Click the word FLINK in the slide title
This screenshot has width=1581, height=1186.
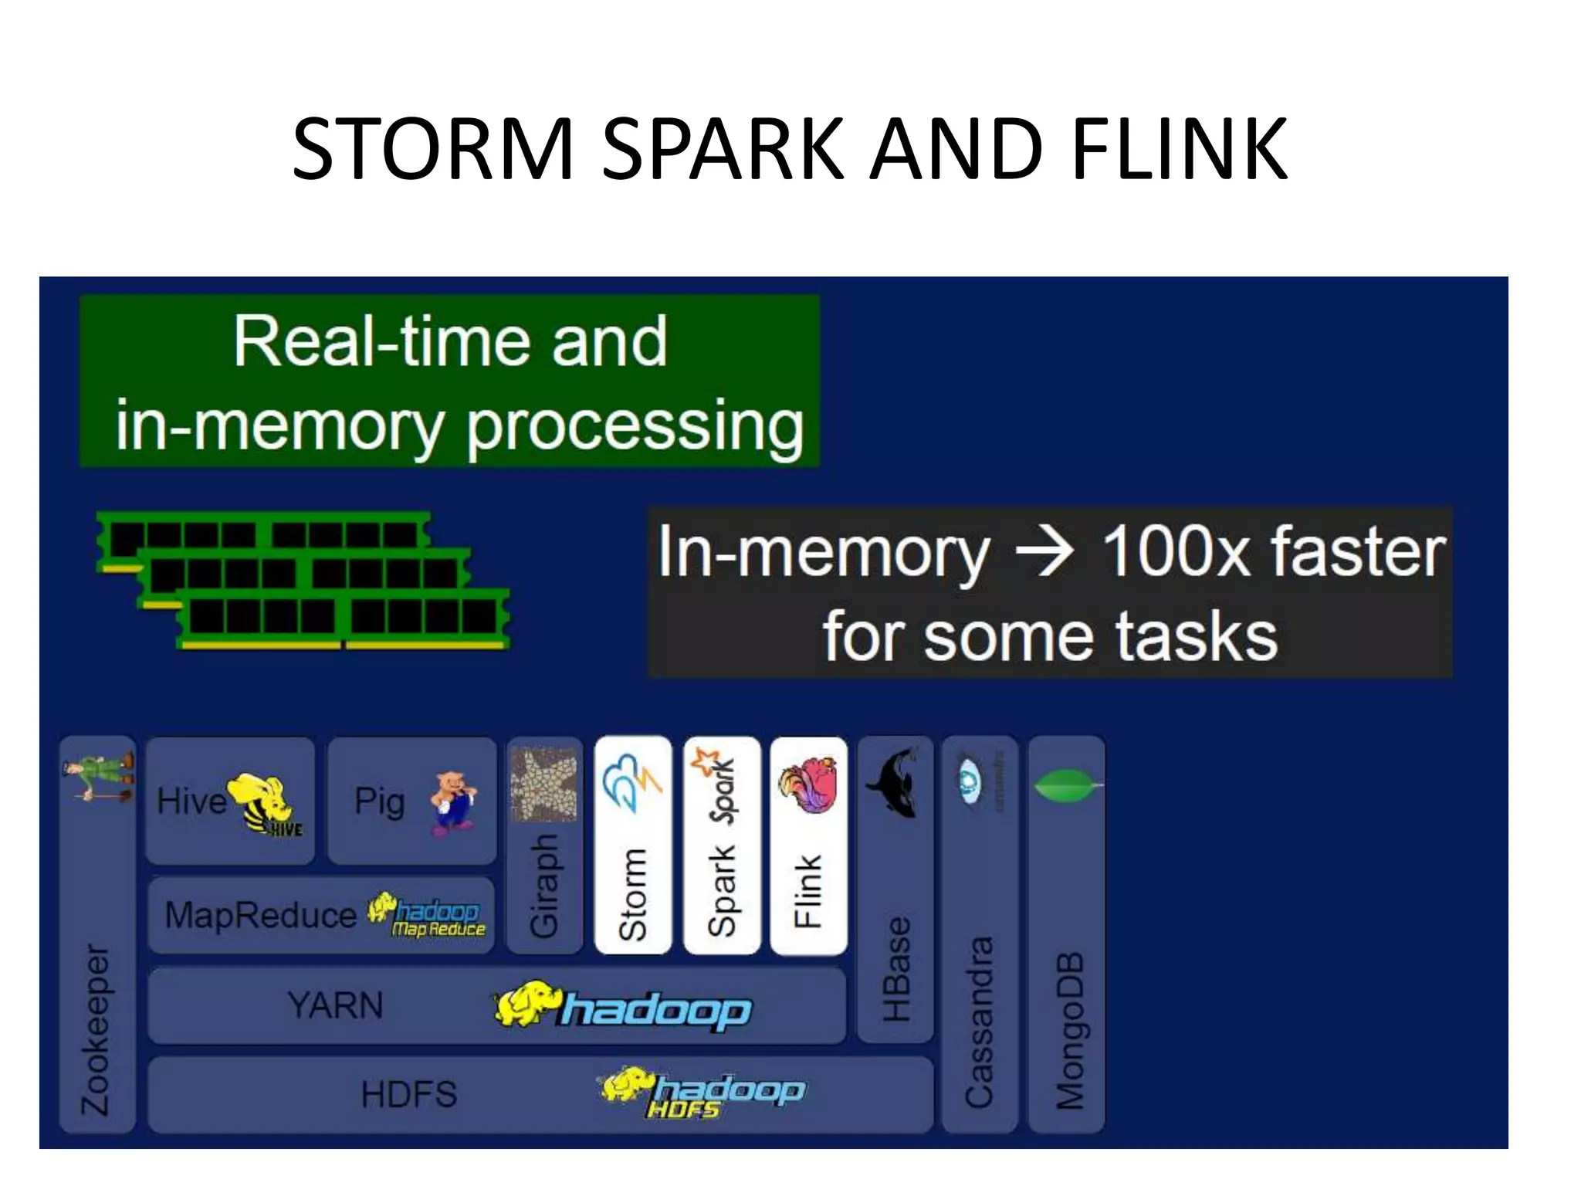(1179, 148)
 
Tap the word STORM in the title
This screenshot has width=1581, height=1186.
(433, 148)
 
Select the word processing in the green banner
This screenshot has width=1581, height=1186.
(635, 426)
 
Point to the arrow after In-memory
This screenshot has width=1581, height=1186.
(1044, 551)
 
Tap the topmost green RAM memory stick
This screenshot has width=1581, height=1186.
(262, 534)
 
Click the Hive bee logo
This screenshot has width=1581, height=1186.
(262, 803)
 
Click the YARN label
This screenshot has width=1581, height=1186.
(335, 1005)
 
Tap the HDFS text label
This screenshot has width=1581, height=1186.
(409, 1094)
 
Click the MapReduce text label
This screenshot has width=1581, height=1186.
(260, 916)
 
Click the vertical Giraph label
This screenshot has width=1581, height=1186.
(543, 886)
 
